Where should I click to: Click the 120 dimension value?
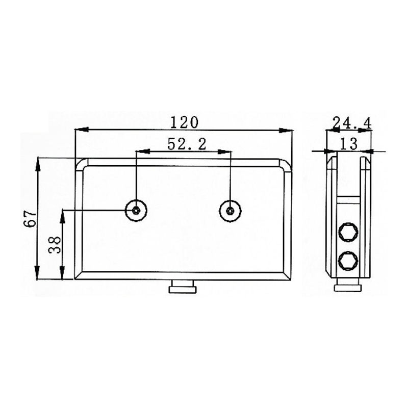(184, 122)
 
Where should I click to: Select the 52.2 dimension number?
(187, 144)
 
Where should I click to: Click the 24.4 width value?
(351, 123)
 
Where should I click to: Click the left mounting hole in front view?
(137, 210)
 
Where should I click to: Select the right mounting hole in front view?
(231, 210)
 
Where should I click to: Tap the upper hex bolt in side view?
(348, 233)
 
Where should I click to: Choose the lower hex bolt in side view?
(348, 261)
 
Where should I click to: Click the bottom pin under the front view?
(182, 289)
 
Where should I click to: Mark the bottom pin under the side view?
(348, 288)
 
